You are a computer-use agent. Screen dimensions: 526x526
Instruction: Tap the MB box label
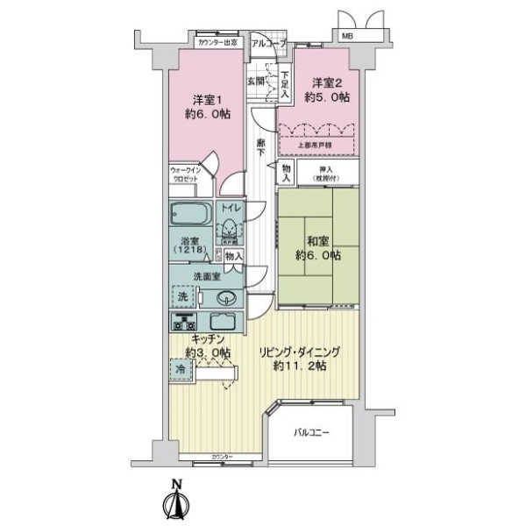point(348,36)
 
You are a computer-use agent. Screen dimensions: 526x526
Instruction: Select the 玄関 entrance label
point(255,80)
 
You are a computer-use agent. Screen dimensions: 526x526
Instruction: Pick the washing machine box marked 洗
point(182,296)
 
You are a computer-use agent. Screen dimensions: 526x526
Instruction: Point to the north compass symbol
point(176,501)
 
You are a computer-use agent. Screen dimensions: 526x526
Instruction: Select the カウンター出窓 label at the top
point(217,41)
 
